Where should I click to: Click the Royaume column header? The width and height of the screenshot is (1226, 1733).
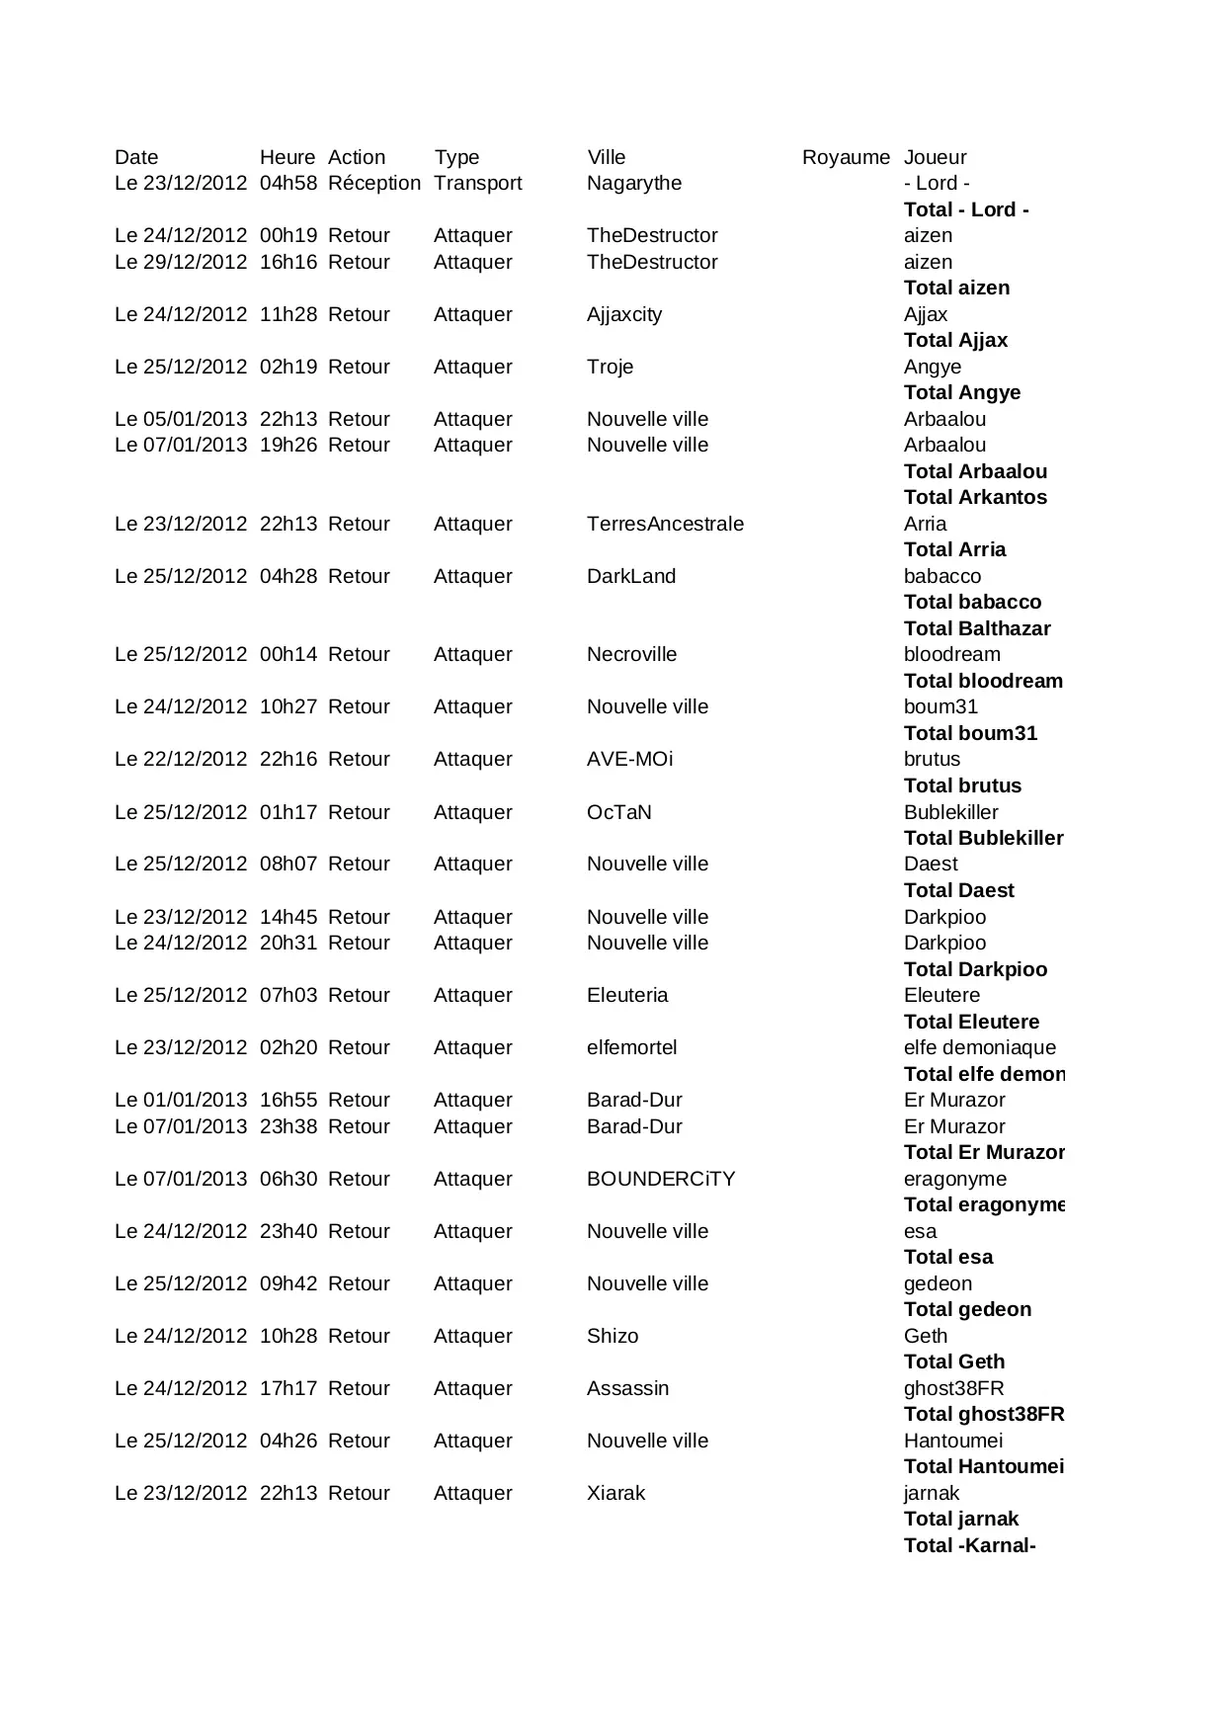tap(846, 157)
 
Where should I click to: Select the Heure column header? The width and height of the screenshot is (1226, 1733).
tap(287, 157)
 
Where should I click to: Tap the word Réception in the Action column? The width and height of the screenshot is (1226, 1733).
tap(374, 183)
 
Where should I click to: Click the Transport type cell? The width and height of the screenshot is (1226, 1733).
tap(477, 183)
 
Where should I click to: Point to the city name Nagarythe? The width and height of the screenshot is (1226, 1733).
tap(634, 183)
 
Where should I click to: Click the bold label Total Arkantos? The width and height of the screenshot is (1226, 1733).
tap(975, 497)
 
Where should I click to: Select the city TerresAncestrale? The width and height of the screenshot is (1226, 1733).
tap(665, 524)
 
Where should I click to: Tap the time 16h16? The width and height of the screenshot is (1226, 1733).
tap(288, 262)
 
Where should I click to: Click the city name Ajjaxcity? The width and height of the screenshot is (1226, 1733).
tap(624, 314)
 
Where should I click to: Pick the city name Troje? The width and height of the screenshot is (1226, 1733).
tap(610, 367)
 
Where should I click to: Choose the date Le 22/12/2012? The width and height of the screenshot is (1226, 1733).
tap(181, 759)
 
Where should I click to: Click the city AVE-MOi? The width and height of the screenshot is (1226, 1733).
tap(629, 759)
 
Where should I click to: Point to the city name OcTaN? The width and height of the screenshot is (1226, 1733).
tap(619, 812)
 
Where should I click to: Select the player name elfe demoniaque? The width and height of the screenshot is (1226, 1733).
tap(980, 1047)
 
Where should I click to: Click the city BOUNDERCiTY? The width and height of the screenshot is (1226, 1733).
tap(661, 1179)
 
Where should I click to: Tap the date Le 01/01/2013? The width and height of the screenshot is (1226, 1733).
tap(181, 1100)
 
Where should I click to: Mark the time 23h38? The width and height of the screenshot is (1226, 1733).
tap(288, 1126)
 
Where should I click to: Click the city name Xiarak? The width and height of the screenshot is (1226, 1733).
tap(615, 1493)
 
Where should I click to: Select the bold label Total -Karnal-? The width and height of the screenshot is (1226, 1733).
tap(969, 1545)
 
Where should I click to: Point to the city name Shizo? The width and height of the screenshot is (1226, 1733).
tap(613, 1336)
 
